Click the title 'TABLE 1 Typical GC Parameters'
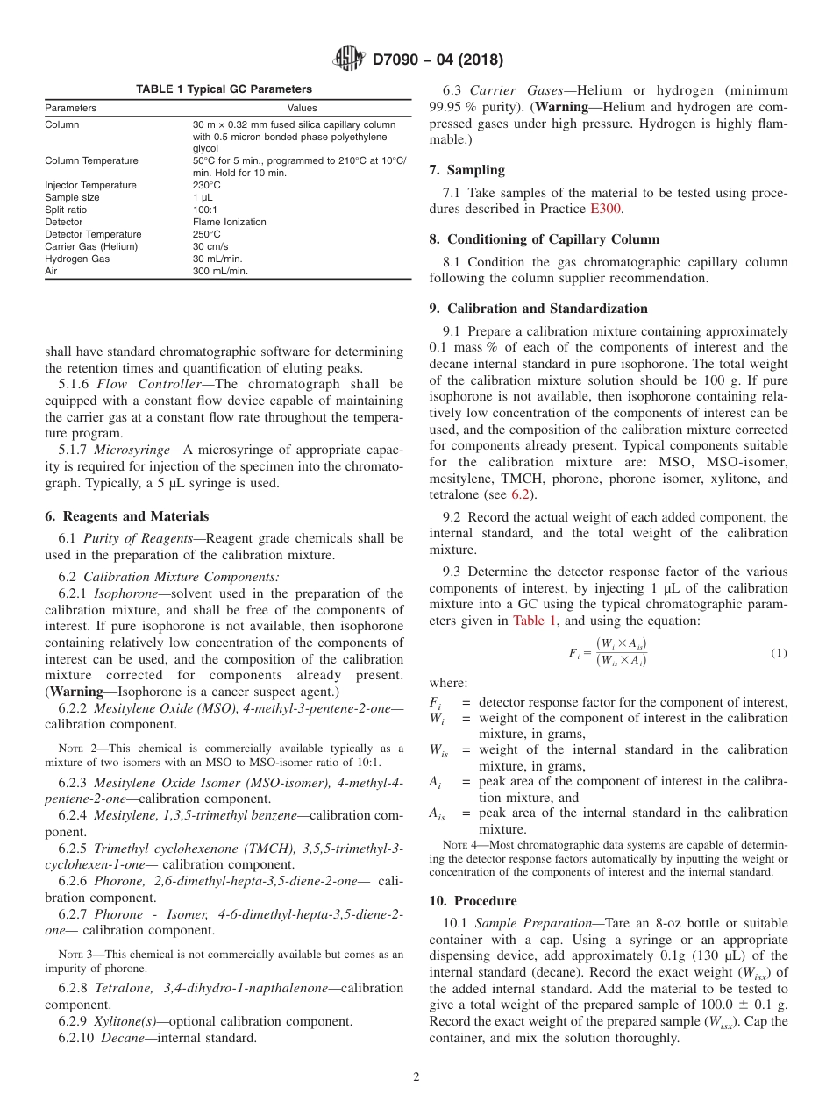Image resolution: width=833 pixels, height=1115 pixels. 224,89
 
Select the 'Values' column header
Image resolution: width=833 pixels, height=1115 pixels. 302,109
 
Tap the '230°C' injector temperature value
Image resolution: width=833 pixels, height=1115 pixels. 207,186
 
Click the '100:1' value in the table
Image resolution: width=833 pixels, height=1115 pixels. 205,210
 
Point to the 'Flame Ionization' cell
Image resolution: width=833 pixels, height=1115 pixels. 229,223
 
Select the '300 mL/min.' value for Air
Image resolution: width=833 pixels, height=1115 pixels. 220,272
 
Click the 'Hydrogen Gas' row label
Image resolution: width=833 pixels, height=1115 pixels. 77,259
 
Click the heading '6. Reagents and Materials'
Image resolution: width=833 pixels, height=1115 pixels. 127,516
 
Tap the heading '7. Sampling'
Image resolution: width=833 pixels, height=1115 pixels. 466,170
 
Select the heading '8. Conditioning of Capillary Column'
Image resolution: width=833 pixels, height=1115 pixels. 545,239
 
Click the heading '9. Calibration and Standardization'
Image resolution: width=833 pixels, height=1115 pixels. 538,309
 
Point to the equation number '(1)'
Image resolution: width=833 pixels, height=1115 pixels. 779,653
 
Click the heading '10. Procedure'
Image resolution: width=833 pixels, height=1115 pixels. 473,901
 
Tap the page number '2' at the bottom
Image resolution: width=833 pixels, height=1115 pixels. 416,1077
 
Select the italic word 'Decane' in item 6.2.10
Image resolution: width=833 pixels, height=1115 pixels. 122,1038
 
